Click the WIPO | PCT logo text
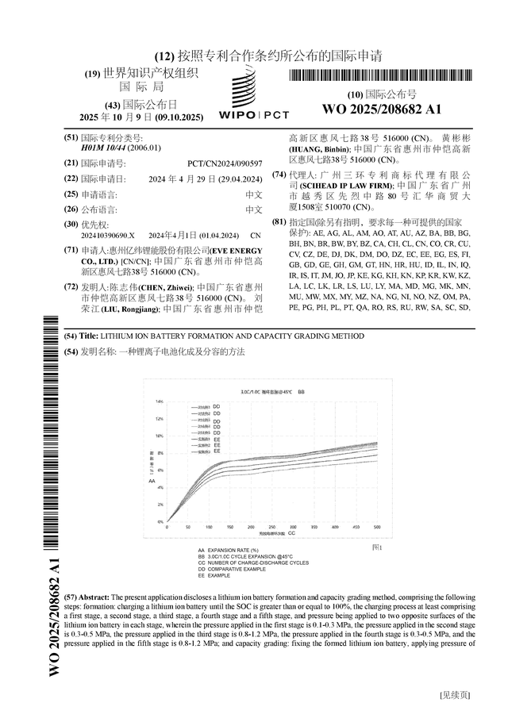tap(254, 115)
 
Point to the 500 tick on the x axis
tap(377, 527)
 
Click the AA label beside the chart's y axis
tap(152, 481)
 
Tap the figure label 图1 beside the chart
tap(377, 547)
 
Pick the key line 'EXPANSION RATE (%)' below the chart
tap(233, 550)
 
